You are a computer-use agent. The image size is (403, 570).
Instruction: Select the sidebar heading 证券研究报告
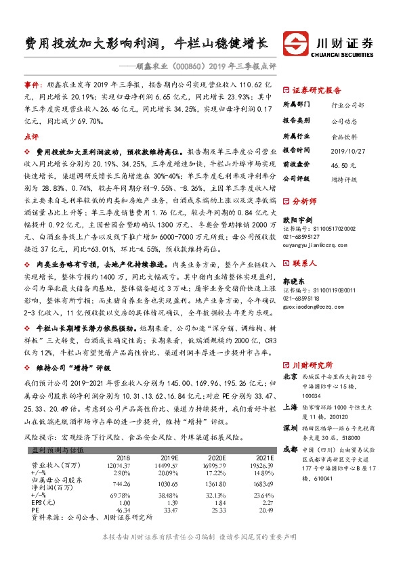click(x=316, y=90)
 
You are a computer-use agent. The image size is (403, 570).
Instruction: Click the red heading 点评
click(x=30, y=135)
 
